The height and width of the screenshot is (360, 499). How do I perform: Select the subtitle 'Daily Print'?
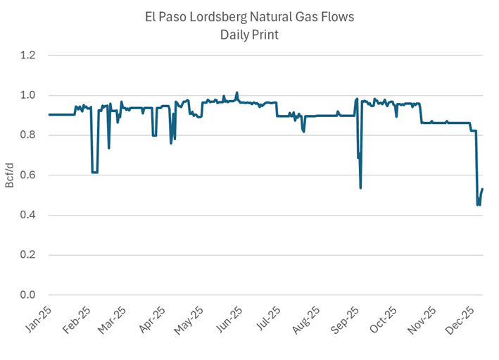[249, 35]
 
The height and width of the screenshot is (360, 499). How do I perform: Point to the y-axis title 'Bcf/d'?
[10, 175]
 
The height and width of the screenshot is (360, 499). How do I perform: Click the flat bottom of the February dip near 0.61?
[94, 173]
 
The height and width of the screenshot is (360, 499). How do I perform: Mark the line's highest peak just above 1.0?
[237, 92]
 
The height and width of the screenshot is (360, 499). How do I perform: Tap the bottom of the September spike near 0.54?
[360, 187]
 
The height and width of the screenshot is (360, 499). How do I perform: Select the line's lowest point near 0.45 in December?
[479, 205]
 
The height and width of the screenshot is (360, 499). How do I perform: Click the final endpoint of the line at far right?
[483, 189]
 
